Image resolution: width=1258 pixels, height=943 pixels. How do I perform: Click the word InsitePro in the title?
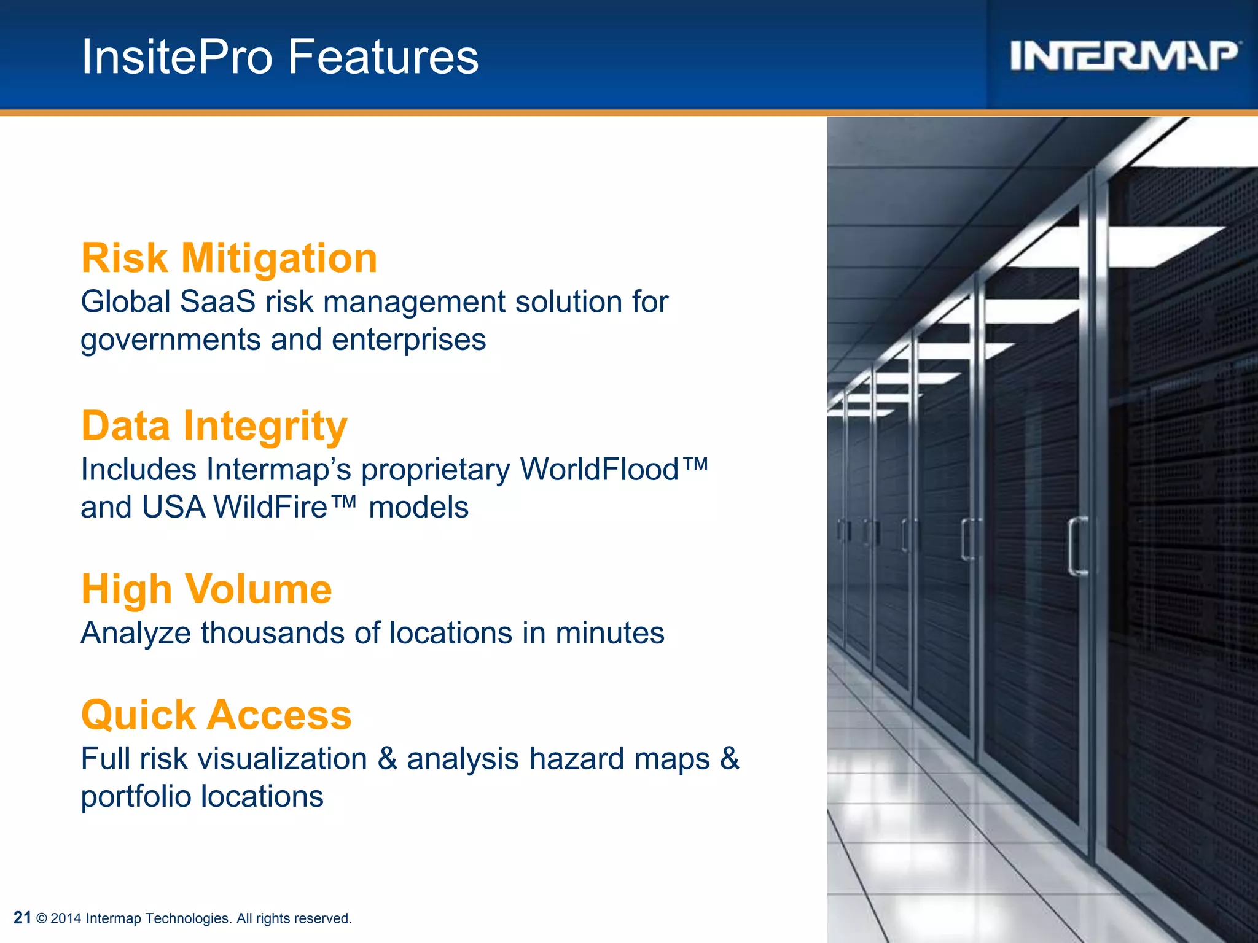coord(177,57)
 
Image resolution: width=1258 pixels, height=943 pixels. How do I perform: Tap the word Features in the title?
coord(383,57)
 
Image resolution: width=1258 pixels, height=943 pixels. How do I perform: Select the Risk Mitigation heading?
coord(229,258)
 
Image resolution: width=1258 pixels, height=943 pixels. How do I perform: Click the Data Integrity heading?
coord(214,426)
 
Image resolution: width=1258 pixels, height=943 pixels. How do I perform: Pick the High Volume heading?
coord(206,589)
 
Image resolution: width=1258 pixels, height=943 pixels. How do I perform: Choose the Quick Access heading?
coord(216,715)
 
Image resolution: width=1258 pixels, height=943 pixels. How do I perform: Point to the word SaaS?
coord(217,302)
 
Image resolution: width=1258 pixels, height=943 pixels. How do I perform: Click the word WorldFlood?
coord(600,470)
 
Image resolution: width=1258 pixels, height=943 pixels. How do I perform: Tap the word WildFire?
coord(271,508)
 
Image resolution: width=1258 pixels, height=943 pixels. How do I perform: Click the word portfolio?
coord(136,797)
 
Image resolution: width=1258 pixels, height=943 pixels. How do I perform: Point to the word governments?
coord(170,341)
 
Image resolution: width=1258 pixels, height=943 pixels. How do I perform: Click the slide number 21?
coord(22,918)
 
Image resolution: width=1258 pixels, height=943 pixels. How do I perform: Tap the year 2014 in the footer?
coord(66,918)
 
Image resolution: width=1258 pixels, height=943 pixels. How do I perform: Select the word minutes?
coord(609,633)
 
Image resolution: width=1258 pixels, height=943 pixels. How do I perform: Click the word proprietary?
coord(435,470)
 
